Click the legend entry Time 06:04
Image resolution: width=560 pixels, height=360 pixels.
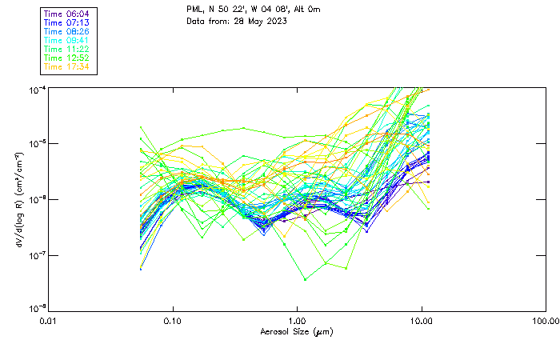(67, 14)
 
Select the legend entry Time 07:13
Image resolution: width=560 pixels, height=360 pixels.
(67, 22)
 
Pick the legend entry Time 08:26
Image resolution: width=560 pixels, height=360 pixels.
(67, 31)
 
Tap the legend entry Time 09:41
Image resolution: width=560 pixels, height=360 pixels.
(67, 40)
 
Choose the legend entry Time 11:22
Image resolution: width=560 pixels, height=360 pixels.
(67, 49)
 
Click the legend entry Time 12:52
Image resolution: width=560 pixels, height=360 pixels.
(67, 58)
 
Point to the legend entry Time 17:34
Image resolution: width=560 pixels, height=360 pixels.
(67, 66)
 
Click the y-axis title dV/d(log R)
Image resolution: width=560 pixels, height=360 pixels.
(18, 198)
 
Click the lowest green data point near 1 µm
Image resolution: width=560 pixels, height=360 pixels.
(305, 279)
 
